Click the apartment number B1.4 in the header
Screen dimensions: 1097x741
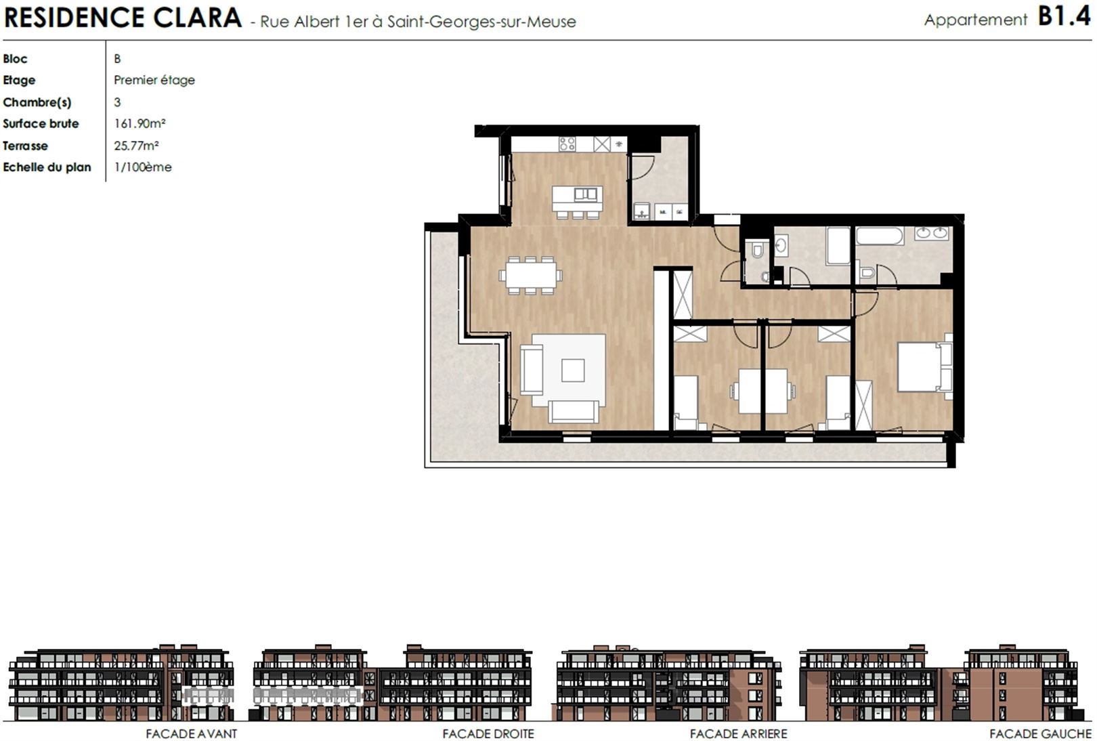[x=1064, y=17]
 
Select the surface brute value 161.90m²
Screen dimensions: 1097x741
[x=139, y=123]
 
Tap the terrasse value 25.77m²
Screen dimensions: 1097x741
[x=136, y=146]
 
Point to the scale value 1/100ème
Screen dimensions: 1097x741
[x=142, y=167]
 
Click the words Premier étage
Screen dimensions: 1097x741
[x=154, y=80]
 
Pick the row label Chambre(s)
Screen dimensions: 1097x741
[x=37, y=102]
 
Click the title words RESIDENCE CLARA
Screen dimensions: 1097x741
[x=123, y=18]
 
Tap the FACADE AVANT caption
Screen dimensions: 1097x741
[x=192, y=734]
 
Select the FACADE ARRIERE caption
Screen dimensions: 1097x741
[x=739, y=734]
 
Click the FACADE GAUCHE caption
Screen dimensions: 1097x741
[x=1041, y=734]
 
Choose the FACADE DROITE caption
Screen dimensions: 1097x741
[x=488, y=734]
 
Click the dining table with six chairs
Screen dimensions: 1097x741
[x=531, y=275]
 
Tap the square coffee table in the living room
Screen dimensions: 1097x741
[x=573, y=370]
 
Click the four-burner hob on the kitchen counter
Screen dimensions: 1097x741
[x=567, y=144]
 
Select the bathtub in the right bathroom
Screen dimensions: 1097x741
[x=880, y=236]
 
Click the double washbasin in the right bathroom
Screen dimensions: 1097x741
[x=932, y=233]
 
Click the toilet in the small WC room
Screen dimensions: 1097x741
[x=757, y=251]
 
